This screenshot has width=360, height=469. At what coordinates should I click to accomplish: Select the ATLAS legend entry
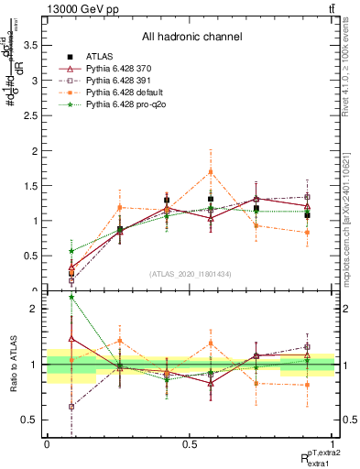102,57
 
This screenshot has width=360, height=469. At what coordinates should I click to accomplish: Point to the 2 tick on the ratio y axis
37,309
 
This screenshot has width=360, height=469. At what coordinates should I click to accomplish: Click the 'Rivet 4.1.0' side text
351,69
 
